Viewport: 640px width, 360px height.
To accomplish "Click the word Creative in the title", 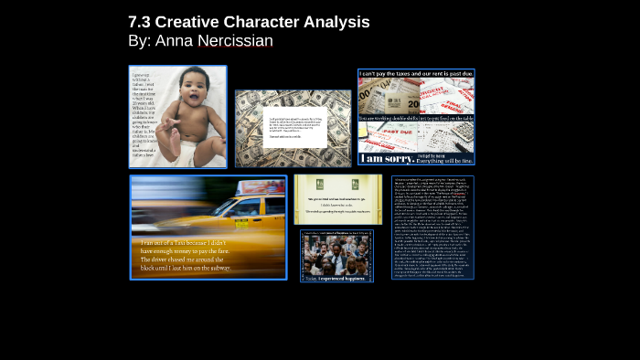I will (193, 22).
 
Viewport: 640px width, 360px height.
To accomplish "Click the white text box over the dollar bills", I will (294, 128).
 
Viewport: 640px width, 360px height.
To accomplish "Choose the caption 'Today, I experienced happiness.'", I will (336, 274).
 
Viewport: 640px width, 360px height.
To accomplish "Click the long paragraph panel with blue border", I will (432, 227).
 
